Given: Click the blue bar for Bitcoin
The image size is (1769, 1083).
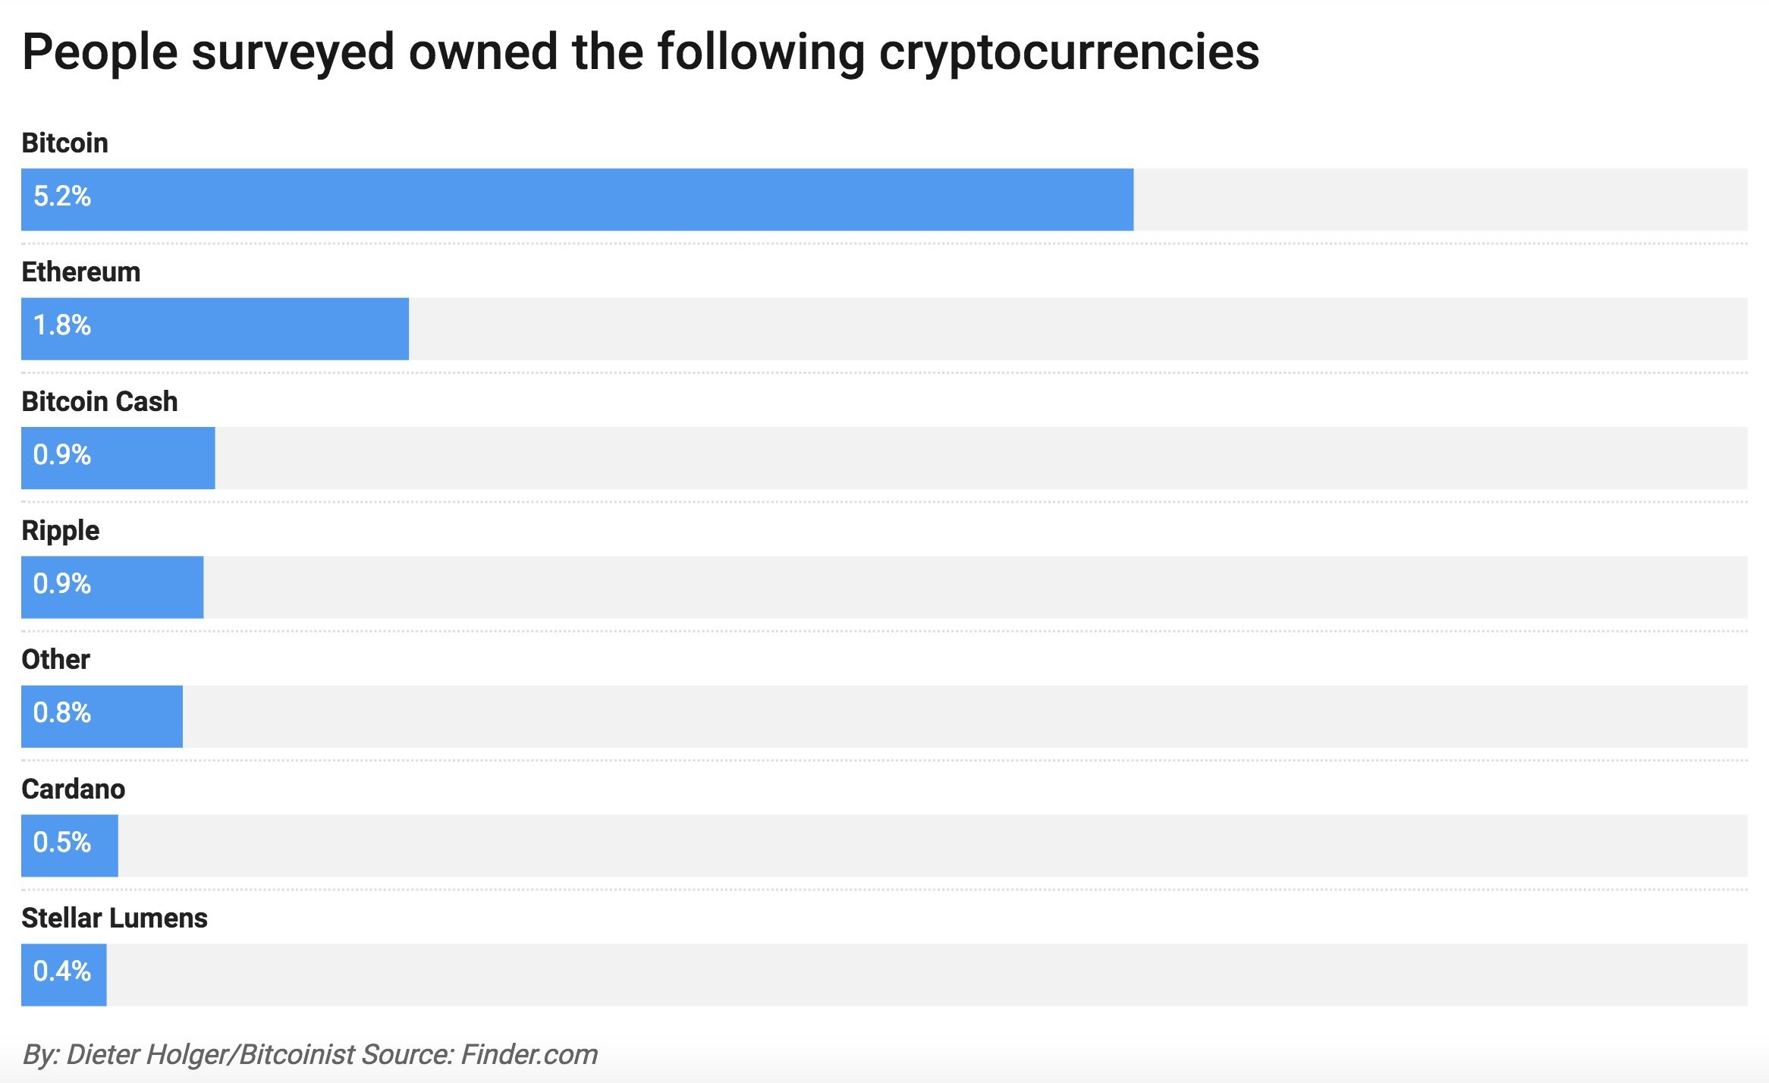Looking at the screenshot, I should pos(577,199).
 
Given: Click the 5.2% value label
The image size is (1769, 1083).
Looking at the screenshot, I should pos(62,196).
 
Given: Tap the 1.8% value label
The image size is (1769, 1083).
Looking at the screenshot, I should pos(62,325).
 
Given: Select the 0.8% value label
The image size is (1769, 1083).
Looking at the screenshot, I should pos(62,713).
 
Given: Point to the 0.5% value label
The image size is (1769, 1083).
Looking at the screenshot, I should pos(62,843).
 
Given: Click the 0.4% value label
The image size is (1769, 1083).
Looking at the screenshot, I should pos(62,972).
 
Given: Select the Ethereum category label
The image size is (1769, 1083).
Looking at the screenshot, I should pos(81,272).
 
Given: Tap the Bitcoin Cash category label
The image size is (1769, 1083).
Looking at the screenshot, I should pos(99,401).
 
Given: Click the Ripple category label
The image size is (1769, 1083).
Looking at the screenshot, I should pos(60,531).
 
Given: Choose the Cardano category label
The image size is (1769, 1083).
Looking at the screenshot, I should pos(74,789).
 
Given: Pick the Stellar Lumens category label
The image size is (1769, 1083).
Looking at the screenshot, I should pos(115,918).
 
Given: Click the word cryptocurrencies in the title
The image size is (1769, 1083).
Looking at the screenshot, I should pos(1069,52).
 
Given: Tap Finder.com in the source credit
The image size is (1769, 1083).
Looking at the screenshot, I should pos(529,1055).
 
